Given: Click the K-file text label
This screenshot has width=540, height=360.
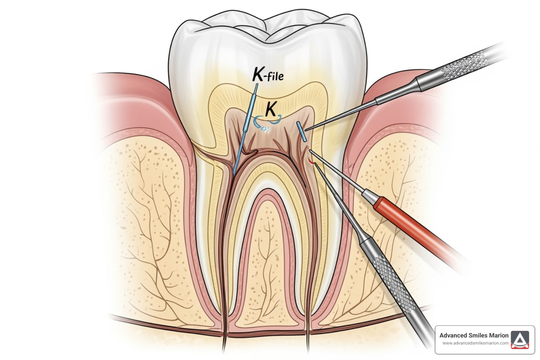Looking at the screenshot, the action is pyautogui.click(x=268, y=75).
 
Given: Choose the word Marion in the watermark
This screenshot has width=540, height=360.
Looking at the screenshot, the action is pyautogui.click(x=500, y=335).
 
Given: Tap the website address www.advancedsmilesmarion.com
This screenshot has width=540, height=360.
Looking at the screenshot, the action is pyautogui.click(x=475, y=343).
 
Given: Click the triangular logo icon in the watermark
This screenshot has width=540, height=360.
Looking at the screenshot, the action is pyautogui.click(x=520, y=340).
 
